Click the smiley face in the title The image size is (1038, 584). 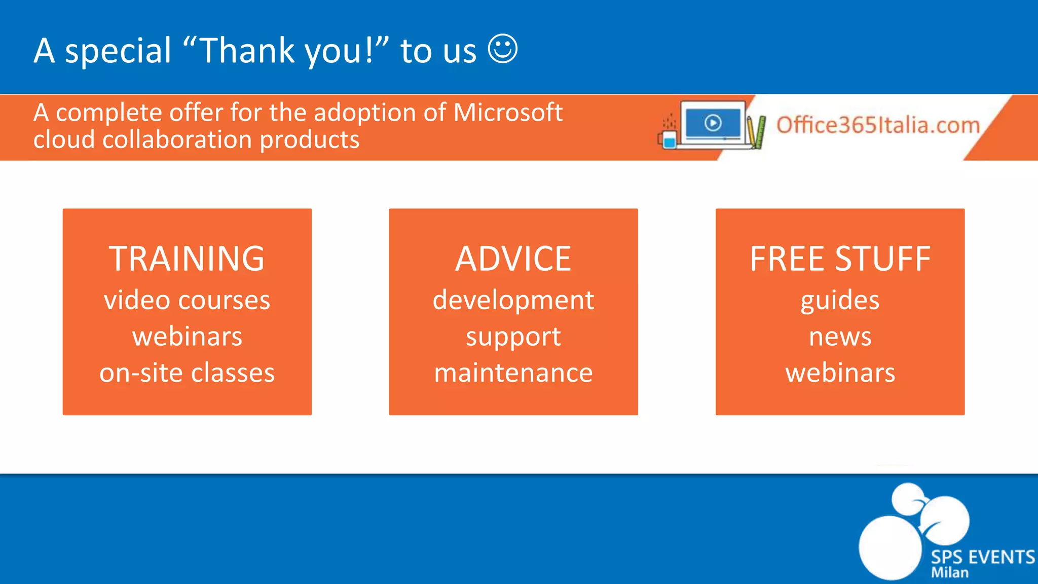pos(502,49)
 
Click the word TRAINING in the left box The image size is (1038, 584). pos(187,259)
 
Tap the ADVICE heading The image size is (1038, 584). pos(513,259)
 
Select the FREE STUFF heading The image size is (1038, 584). pos(840,259)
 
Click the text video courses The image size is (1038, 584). pos(187,300)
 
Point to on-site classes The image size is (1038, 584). pos(187,373)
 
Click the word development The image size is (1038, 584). pos(513,300)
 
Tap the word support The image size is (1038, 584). pos(513,337)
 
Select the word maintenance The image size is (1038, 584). pos(513,373)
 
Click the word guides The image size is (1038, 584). pos(840,300)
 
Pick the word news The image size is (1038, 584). pos(840,337)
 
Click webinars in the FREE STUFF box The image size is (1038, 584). pos(840,373)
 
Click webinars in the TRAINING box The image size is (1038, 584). pos(187,337)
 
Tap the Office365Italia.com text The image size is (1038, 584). pos(878,125)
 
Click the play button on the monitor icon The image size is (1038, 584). pos(713,123)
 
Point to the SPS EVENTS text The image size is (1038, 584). pos(982,557)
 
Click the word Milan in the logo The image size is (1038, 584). pos(949,573)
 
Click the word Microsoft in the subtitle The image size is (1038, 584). pos(508,113)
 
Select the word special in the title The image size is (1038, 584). pos(118,51)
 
